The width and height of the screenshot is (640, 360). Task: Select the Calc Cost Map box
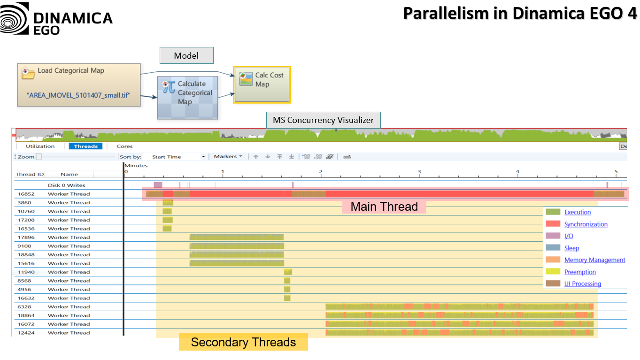tap(262, 84)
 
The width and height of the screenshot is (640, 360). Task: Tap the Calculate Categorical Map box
tap(187, 98)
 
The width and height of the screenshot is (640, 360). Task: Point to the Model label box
tap(186, 55)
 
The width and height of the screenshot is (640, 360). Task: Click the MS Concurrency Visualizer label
tap(323, 120)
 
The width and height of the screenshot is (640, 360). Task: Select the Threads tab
tap(86, 146)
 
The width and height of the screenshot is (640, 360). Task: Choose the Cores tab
tap(124, 146)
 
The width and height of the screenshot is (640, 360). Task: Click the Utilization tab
tap(40, 146)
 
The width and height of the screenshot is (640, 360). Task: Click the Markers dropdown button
tap(228, 157)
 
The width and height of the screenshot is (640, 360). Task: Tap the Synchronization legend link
tap(586, 224)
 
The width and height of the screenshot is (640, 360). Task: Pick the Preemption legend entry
tap(580, 272)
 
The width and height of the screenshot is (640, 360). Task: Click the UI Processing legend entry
tap(582, 284)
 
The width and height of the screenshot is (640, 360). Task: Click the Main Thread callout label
tap(384, 207)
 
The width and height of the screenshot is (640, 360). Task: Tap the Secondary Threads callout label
tap(243, 342)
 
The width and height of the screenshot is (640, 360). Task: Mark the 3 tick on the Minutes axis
tap(419, 172)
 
